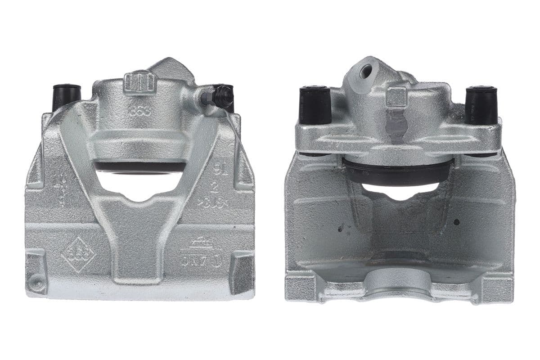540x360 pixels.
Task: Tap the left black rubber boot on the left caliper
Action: tap(67, 96)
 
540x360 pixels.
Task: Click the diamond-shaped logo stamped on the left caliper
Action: tap(79, 254)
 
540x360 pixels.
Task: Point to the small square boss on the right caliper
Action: tap(396, 97)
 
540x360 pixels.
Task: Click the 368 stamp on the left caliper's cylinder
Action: tap(139, 111)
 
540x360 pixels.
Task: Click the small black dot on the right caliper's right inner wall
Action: tap(456, 222)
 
